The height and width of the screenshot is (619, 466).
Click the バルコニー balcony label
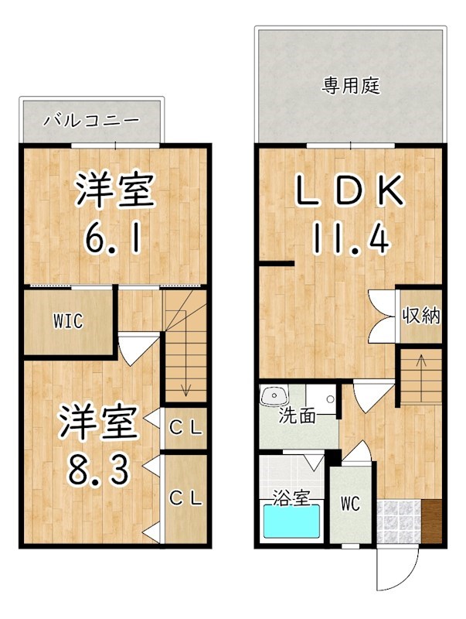[91, 121]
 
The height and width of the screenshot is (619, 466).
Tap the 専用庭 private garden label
[351, 85]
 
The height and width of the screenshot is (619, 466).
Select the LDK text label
[350, 190]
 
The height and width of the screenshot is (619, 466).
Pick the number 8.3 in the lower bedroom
[99, 469]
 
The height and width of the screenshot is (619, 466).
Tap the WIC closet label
[69, 321]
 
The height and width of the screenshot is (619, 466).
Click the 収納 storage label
[421, 316]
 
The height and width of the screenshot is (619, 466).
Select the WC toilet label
[351, 504]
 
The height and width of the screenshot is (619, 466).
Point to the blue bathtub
[291, 521]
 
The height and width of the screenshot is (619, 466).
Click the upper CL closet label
[185, 429]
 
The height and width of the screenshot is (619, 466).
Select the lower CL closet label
[185, 498]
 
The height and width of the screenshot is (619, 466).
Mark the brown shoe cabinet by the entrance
[431, 522]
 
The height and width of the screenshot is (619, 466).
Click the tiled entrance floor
[399, 522]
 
